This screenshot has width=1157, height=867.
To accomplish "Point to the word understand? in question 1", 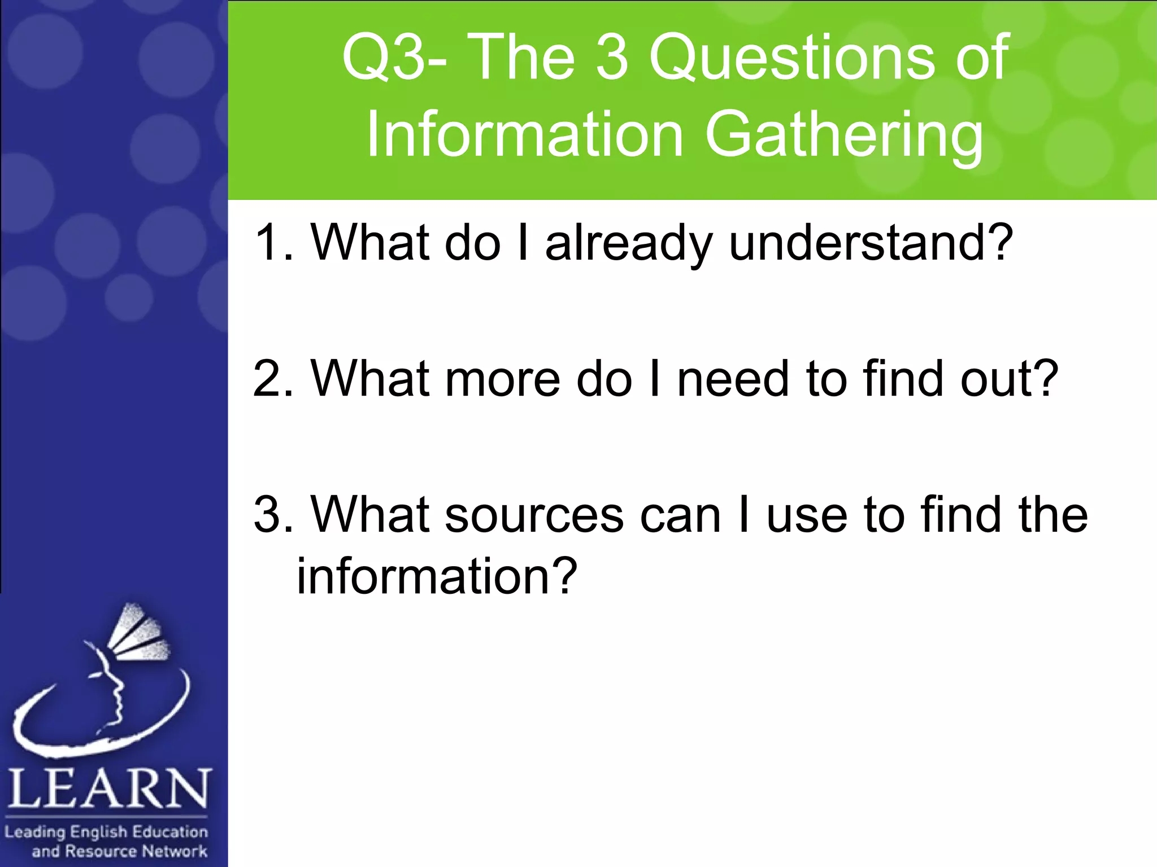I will pos(871,244).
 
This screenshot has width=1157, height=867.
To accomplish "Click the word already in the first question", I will pos(628,244).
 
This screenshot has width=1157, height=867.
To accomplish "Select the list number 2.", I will pos(270,379).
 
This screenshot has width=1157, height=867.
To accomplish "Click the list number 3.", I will pos(270,515).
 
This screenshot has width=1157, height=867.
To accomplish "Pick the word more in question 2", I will pos(503,379).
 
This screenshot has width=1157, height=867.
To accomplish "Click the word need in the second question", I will pos(732,379).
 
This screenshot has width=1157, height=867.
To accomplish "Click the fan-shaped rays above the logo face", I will pos(138,632).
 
